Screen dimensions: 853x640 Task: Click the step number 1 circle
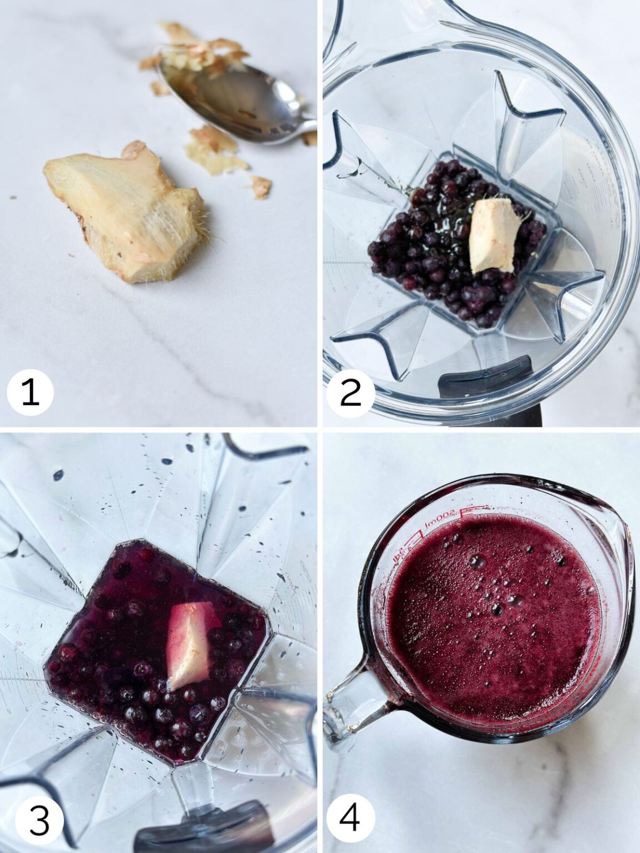(30, 393)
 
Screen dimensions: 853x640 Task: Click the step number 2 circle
(348, 393)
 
